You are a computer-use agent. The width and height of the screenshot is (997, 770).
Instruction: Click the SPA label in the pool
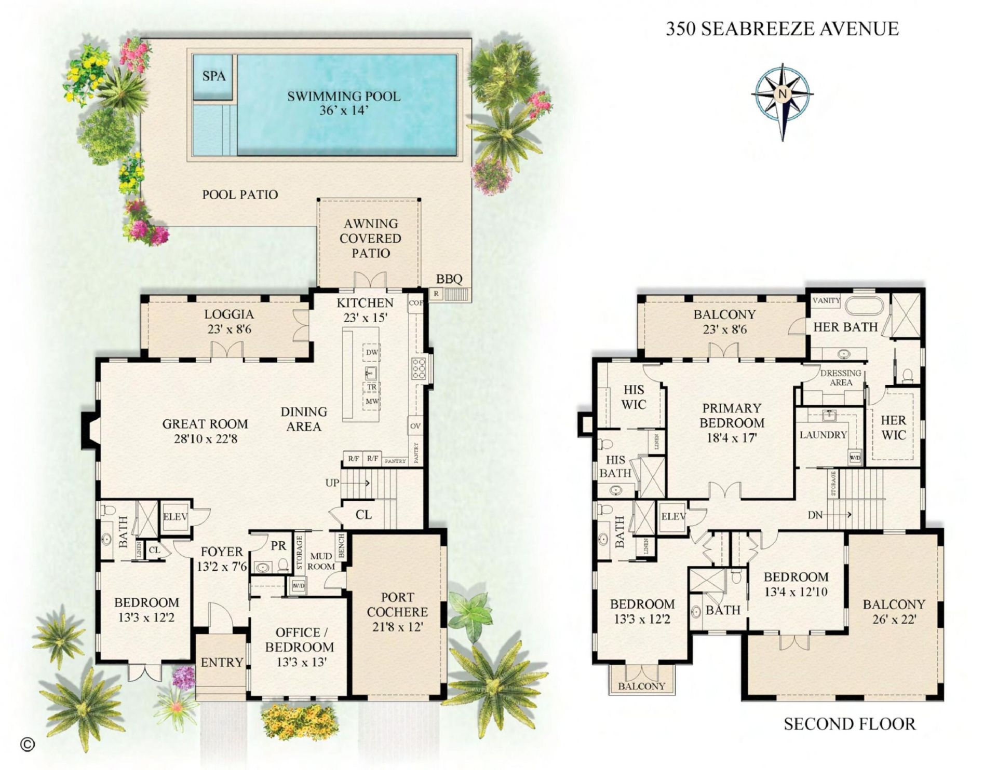point(214,76)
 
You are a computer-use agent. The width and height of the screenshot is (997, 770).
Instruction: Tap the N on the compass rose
point(782,94)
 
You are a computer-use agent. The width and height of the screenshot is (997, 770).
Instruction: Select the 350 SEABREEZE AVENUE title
point(782,29)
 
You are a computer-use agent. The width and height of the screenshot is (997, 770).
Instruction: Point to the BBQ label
point(449,279)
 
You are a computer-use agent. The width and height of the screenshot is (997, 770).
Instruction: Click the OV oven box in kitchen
point(415,426)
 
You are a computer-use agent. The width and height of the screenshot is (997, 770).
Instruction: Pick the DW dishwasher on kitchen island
point(372,352)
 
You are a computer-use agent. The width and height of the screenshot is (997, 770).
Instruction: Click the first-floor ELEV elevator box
point(175,517)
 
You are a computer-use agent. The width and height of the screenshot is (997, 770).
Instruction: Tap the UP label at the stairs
point(332,483)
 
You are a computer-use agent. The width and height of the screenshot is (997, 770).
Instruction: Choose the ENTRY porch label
point(222,663)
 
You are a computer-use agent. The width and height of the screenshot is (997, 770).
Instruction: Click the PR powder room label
point(278,546)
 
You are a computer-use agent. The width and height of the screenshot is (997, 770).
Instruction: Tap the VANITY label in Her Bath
point(826,300)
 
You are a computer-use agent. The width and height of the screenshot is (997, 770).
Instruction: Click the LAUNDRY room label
point(823,435)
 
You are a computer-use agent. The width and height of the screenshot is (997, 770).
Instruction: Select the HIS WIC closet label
point(634,397)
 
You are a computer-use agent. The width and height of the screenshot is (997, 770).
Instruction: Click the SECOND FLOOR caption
point(850,724)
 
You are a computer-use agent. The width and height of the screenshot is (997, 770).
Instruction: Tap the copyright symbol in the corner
point(27,745)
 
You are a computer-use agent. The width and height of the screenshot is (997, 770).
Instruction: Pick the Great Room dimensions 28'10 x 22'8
point(206,439)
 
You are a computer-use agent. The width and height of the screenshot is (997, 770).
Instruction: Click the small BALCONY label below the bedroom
point(641,686)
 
